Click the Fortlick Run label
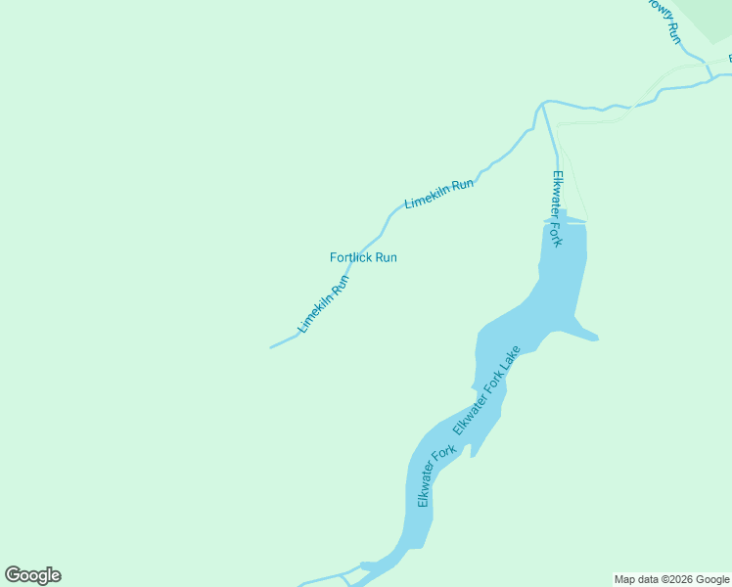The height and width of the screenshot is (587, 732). pos(363,257)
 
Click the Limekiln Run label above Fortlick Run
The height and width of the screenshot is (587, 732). pos(439,194)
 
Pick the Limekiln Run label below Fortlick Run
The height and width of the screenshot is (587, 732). pos(324,303)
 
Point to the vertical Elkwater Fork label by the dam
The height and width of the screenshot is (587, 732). pos(557,208)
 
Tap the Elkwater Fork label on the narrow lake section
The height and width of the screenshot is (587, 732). pos(436,476)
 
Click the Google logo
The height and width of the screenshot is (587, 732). pos(33,575)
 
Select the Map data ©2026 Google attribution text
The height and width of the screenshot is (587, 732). pos(671,579)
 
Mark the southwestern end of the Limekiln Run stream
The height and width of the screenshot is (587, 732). pos(271,347)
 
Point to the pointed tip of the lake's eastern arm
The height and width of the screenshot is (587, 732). pos(596,339)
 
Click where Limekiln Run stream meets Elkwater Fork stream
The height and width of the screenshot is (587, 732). pos(541,103)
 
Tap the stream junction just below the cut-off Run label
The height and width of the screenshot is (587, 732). pos(707,66)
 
